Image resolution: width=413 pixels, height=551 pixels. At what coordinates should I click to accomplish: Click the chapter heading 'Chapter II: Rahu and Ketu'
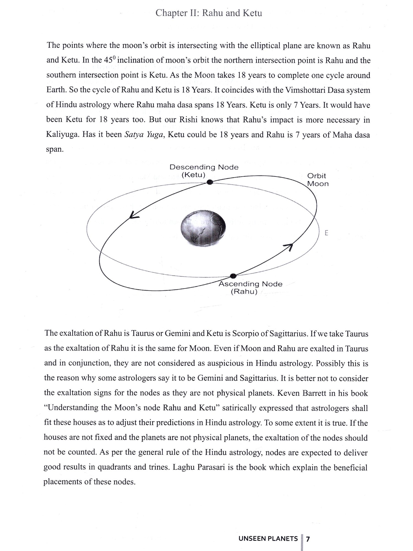208,13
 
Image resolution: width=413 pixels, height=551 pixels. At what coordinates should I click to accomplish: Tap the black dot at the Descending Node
210,182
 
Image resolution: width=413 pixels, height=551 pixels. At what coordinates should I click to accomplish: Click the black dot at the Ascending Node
233,276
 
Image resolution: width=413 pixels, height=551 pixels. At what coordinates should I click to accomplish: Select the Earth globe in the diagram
203,227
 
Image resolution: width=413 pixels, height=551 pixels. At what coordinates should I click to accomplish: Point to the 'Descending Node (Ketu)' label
204,171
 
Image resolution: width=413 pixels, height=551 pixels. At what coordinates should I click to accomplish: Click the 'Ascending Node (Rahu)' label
250,288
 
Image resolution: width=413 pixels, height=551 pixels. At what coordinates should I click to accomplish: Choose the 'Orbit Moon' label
318,180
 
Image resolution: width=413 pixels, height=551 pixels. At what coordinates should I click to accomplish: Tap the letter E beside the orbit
327,233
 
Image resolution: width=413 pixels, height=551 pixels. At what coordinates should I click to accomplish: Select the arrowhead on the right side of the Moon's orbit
289,246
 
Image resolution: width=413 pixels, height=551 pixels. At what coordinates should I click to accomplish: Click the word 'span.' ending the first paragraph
55,150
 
